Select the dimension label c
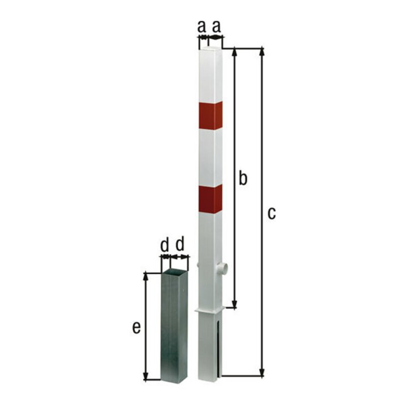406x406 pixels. (x=272, y=213)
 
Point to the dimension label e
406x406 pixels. (x=136, y=327)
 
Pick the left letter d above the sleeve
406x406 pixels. (x=164, y=245)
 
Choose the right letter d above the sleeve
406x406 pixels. (x=180, y=245)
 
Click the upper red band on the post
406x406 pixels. (x=210, y=116)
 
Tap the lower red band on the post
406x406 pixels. (x=210, y=199)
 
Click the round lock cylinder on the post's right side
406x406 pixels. (x=223, y=269)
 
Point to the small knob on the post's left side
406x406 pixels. (x=196, y=264)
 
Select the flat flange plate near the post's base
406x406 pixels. (x=210, y=310)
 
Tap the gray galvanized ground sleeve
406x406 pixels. (x=174, y=327)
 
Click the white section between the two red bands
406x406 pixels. (x=210, y=157)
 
